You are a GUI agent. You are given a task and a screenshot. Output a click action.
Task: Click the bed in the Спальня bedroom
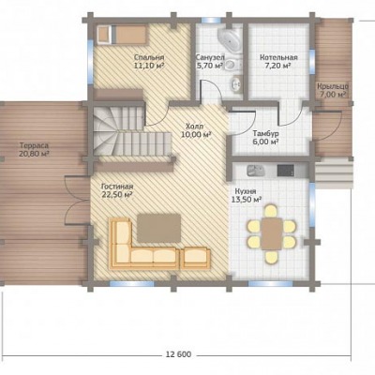coord(122,35)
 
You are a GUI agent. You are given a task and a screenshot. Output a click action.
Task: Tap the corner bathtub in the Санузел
coord(231,39)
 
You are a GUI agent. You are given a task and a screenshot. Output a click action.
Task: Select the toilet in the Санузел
coord(233,65)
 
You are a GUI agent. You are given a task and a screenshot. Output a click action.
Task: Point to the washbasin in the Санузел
coord(236,83)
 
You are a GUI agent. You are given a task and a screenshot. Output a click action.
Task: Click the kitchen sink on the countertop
coord(256,171)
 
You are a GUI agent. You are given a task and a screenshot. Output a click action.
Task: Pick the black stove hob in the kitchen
coord(286,171)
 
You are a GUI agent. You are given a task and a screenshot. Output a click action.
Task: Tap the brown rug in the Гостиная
coord(159,228)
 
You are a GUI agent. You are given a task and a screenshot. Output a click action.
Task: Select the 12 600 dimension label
coord(178,354)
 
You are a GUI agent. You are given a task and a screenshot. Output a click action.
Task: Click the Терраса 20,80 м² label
coord(35,150)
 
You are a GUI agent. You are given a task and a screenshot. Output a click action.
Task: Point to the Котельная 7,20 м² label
coord(278,62)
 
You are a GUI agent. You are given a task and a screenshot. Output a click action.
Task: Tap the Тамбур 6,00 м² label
coord(266,138)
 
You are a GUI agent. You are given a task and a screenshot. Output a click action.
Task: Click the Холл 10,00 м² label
coord(195,130)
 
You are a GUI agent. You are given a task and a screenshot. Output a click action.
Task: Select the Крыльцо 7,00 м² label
coord(333,90)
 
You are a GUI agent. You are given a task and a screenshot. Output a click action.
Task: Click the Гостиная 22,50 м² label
coord(117,190)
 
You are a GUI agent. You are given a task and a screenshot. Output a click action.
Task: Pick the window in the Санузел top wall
coord(212,21)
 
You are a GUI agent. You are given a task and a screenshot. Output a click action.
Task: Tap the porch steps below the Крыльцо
coord(333,173)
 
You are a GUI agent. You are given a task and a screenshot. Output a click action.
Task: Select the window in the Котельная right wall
coord(312,62)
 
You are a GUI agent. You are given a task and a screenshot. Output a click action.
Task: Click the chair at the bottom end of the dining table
coord(271,257)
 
